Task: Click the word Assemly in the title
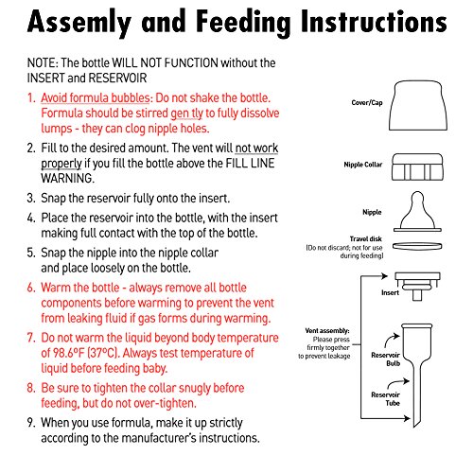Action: (79, 23)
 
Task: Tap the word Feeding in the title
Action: (243, 23)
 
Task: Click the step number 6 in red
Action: (31, 288)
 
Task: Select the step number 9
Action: (31, 423)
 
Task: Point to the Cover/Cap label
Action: (367, 103)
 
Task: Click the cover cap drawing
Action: (418, 106)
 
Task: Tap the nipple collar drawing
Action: (417, 166)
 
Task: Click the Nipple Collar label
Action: (363, 165)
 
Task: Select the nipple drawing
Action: (417, 211)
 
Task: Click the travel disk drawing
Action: (417, 246)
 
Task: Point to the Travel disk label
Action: (366, 238)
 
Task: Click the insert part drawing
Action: (417, 287)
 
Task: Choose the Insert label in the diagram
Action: (390, 292)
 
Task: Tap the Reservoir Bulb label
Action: (386, 359)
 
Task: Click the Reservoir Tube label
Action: (386, 399)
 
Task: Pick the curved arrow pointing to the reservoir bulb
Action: (390, 339)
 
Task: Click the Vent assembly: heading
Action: (327, 331)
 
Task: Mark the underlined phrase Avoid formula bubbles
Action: (96, 98)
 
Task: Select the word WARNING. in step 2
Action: (67, 179)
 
